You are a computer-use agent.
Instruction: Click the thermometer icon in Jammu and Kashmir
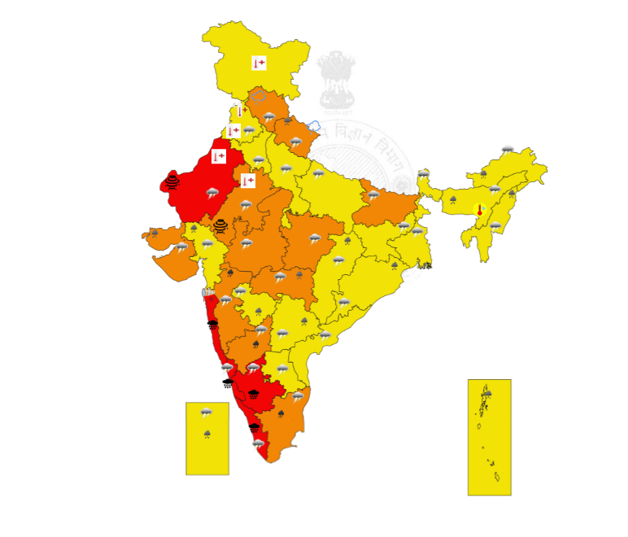[259, 63]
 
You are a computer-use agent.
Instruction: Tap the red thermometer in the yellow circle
[480, 209]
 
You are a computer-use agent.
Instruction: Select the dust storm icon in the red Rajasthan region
[172, 181]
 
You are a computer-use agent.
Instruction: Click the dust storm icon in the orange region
[220, 225]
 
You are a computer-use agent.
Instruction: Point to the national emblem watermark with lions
[336, 79]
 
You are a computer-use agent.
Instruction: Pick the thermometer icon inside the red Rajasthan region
[218, 156]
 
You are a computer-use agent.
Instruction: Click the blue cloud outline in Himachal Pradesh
[259, 97]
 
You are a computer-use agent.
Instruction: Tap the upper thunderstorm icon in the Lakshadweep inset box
[207, 413]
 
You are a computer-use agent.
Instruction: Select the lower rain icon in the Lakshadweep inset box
[207, 434]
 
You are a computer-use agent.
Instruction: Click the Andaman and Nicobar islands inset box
[489, 437]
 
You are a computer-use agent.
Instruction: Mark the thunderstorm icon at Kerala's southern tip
[259, 444]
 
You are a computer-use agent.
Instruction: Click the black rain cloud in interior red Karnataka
[254, 394]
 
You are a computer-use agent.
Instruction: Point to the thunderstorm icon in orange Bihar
[373, 195]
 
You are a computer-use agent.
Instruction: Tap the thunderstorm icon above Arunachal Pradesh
[508, 150]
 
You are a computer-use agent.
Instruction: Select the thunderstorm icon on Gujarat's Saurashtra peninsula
[181, 247]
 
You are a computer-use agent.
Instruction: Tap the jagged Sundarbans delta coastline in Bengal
[425, 265]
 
